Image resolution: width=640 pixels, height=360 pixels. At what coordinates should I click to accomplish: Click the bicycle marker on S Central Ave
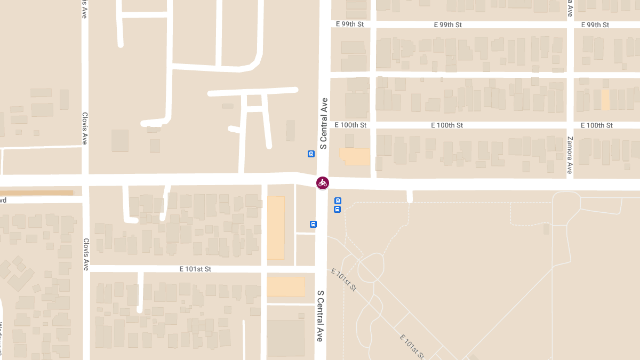point(322,183)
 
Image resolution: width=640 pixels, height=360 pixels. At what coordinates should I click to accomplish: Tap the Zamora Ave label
point(570,155)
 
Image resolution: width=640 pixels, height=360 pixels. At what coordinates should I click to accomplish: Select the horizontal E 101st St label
point(195,269)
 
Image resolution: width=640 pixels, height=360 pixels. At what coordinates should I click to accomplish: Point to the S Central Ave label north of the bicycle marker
point(323,123)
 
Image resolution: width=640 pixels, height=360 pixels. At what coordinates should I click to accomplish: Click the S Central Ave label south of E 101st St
point(321,316)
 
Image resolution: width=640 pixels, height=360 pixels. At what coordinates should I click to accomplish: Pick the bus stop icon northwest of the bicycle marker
point(311,154)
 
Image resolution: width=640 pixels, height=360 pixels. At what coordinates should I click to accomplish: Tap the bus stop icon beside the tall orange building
point(313,225)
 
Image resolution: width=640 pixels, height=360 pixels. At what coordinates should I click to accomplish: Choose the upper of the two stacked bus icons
point(337,201)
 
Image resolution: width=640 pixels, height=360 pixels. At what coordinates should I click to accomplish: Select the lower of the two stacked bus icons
point(337,210)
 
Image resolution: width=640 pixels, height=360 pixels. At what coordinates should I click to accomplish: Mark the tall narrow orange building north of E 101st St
point(276,228)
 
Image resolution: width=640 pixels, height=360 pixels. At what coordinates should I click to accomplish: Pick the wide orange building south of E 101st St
point(286,286)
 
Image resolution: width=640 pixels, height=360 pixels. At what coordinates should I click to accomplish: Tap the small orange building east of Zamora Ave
point(605,100)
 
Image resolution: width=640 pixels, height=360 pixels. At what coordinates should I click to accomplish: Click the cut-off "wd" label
point(3,200)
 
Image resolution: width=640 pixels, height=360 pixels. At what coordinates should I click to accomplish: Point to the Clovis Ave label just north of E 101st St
point(86,254)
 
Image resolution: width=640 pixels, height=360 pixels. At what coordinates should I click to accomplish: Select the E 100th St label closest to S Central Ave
point(350,125)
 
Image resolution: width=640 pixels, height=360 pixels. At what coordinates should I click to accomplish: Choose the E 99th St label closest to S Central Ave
point(350,25)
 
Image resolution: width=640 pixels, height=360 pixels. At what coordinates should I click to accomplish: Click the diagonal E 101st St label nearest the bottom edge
point(412,347)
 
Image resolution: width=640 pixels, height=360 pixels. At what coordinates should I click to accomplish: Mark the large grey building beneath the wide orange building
point(286,338)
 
